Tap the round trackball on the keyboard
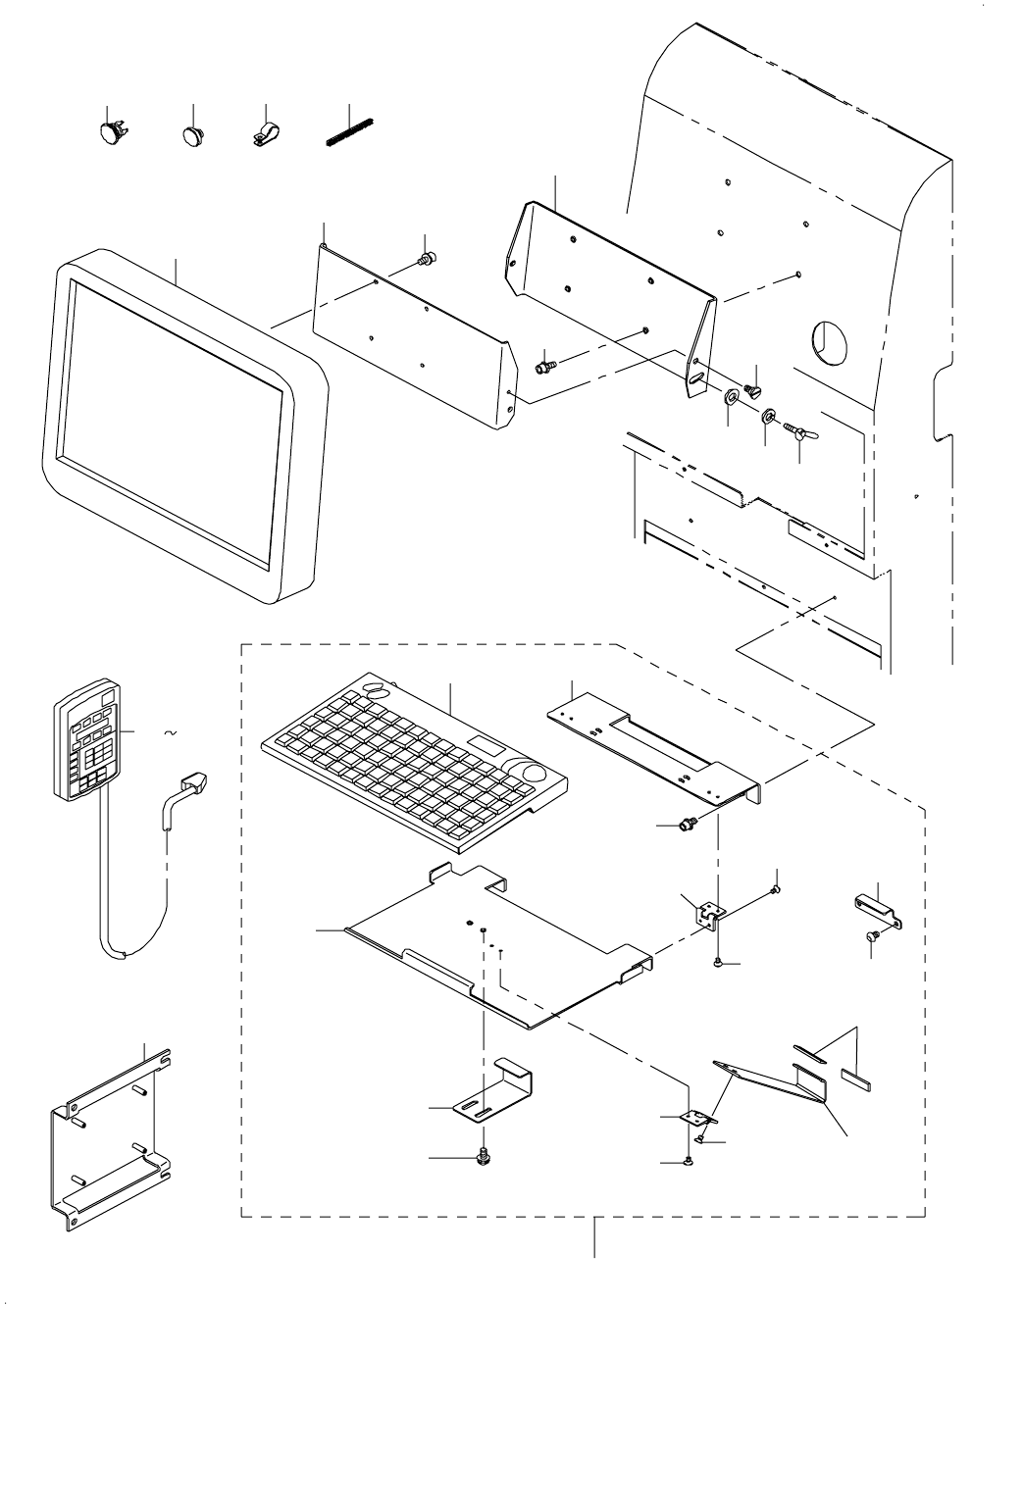(535, 773)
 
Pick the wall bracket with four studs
(110, 1137)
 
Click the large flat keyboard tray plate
(490, 941)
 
